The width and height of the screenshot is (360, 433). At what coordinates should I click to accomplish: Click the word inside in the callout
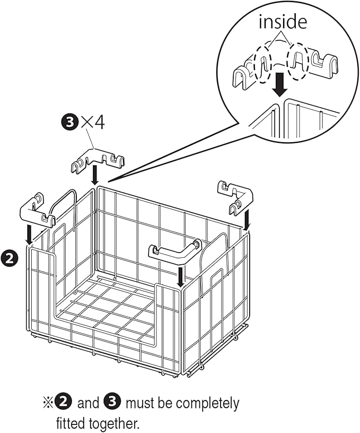point(283,22)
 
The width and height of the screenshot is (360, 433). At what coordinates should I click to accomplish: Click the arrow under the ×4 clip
point(94,175)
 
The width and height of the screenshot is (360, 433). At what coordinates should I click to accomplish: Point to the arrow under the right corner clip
point(247,218)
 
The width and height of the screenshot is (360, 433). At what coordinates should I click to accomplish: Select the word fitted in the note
point(71,423)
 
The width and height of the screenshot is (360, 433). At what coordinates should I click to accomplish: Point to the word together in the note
point(114,423)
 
